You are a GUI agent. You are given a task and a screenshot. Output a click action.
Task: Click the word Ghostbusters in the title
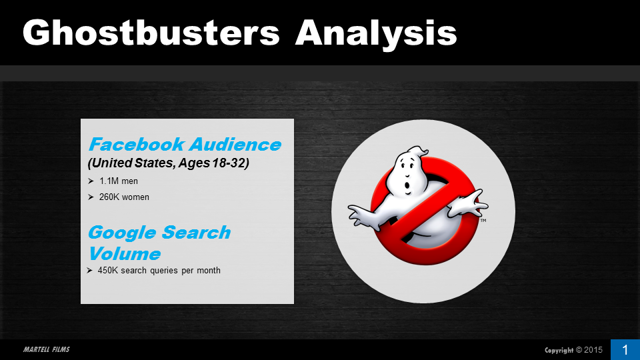(151, 33)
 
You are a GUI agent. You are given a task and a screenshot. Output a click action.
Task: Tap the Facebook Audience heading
(185, 144)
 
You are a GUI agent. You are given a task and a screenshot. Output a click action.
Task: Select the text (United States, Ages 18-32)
(168, 163)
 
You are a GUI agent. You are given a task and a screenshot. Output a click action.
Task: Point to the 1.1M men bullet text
(119, 181)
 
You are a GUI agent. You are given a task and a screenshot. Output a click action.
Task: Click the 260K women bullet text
(124, 197)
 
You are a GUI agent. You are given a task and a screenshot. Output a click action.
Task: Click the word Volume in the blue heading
(125, 253)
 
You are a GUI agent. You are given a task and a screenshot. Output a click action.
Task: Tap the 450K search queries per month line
(159, 270)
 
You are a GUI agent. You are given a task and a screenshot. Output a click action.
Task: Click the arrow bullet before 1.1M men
(91, 181)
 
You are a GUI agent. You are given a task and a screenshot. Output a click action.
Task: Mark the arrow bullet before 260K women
(91, 197)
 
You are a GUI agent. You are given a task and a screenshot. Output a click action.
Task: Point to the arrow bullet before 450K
(90, 270)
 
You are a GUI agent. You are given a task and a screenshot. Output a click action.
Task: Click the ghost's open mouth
(407, 187)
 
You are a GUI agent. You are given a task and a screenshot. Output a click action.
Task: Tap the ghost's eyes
(406, 167)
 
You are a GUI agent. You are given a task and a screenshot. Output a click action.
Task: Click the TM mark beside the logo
(483, 221)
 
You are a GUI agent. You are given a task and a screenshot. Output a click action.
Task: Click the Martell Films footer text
(47, 349)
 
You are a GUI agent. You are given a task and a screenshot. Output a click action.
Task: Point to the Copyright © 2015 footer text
(573, 350)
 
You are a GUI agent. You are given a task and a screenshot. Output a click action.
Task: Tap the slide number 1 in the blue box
(625, 350)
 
